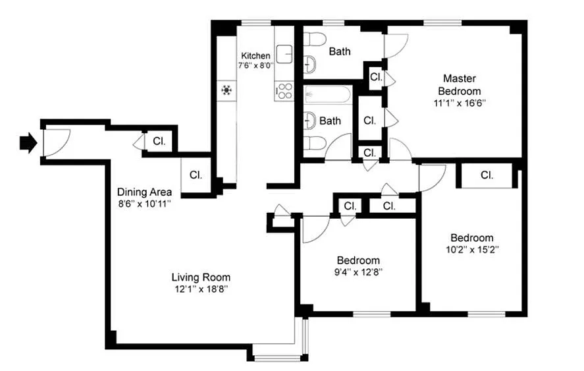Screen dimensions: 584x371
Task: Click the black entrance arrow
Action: [29, 143]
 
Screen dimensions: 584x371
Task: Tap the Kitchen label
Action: [255, 56]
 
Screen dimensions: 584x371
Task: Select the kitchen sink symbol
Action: [284, 55]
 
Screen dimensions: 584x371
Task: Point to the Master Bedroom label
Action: [459, 84]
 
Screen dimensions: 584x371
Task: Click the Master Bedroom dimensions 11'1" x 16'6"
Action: [460, 103]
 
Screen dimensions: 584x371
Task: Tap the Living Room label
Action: [201, 277]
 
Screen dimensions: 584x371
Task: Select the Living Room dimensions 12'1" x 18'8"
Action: [201, 289]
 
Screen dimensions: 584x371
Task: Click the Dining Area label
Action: [144, 192]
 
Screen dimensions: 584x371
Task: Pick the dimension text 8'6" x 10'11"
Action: [144, 204]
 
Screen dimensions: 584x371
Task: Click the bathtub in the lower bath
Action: [327, 95]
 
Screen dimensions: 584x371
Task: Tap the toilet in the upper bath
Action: [315, 39]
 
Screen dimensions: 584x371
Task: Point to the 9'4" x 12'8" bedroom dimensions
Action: [358, 272]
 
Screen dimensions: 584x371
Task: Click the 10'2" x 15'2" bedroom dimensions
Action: [472, 250]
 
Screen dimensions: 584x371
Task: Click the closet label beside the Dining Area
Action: [196, 175]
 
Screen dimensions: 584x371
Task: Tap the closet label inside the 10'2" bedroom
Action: [487, 175]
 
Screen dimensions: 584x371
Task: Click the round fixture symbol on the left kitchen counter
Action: [226, 90]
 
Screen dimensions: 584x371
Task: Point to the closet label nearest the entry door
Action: [159, 141]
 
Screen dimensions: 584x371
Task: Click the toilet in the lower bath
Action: [315, 143]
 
